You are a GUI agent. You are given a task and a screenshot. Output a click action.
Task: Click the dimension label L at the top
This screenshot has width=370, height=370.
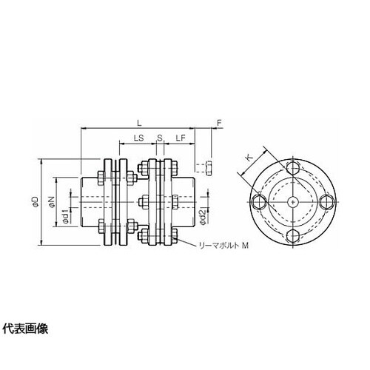point(140,123)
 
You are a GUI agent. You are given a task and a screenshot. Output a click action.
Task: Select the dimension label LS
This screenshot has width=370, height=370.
point(138,138)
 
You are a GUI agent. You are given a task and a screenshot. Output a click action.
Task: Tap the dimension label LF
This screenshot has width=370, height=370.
point(181,138)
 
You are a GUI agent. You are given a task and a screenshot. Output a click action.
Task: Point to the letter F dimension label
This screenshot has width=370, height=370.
point(219,123)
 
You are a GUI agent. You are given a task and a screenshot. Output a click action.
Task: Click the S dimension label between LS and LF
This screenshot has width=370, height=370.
point(160,138)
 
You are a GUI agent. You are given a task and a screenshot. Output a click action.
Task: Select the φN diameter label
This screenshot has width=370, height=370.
point(51,201)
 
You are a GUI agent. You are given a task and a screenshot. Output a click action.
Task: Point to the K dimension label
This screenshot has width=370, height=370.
point(249,158)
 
